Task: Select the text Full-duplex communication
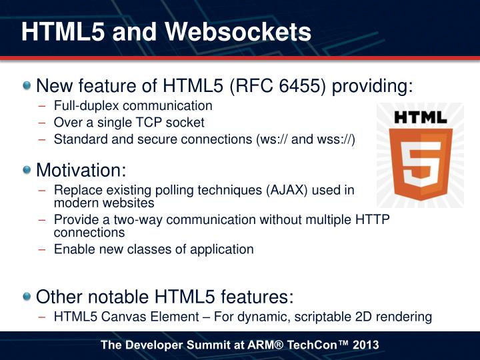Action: pyautogui.click(x=133, y=105)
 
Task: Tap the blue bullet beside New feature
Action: pyautogui.click(x=26, y=86)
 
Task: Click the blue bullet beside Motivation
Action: pyautogui.click(x=26, y=169)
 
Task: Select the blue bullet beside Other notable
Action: pyautogui.click(x=26, y=295)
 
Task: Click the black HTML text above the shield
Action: pyautogui.click(x=419, y=117)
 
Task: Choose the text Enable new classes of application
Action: pyautogui.click(x=153, y=249)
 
